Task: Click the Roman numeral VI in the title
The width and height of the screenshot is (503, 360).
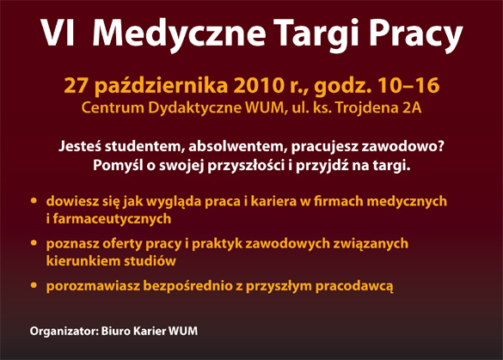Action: pos(58,33)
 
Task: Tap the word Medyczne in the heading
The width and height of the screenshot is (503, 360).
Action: pos(179,34)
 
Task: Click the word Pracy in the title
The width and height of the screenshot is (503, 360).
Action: pos(416,36)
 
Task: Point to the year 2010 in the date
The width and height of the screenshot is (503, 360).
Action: pos(259,86)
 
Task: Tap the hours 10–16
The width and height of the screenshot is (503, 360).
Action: pos(408,86)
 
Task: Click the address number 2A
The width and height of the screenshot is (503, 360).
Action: pos(412,108)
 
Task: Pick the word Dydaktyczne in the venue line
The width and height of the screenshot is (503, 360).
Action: pos(194,108)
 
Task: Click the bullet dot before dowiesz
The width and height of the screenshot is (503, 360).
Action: pos(34,201)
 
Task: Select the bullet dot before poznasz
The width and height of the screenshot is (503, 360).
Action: pos(34,243)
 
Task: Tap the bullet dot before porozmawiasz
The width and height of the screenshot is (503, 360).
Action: pos(34,285)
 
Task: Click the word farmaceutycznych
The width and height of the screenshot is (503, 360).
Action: pos(112,219)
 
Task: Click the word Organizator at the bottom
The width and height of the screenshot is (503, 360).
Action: pos(64,331)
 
